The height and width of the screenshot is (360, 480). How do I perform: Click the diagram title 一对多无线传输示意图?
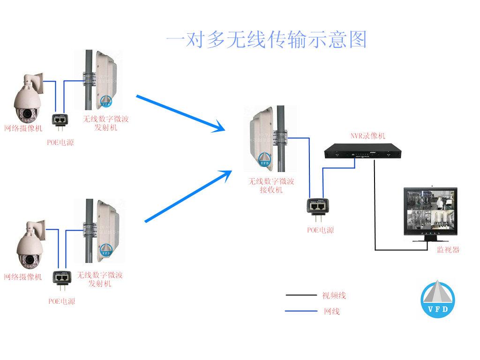coord(266,40)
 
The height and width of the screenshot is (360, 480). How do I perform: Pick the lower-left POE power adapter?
coord(61,279)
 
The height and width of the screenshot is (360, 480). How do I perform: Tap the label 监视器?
coord(448,249)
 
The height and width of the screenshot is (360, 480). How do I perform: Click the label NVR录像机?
coord(368,136)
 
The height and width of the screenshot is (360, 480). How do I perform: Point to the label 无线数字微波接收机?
coord(271,186)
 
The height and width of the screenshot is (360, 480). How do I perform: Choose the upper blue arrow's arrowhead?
coord(219,127)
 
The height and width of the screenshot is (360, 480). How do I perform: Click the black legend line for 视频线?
coord(301,295)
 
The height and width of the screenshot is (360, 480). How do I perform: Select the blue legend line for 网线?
coord(301,311)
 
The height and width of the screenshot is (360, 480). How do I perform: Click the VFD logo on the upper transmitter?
coord(107,102)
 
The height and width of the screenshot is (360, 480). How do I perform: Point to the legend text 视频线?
coord(334,295)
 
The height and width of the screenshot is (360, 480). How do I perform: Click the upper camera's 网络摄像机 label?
coord(23,127)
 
